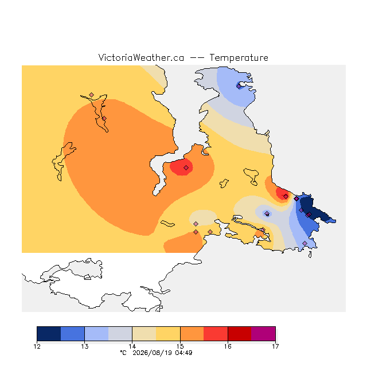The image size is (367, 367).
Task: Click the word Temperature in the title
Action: (239, 57)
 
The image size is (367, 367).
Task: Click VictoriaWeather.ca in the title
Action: (141, 57)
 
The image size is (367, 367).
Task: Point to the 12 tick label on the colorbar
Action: (37, 346)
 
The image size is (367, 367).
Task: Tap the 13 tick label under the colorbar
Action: (84, 346)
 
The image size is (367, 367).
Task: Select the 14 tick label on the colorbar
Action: (132, 346)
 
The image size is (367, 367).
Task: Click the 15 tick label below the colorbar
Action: (180, 346)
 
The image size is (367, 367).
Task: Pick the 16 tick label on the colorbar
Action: (228, 346)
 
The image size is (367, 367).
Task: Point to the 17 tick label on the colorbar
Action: (275, 346)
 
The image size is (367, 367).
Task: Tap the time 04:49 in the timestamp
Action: (183, 353)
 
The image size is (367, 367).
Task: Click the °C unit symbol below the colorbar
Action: (123, 353)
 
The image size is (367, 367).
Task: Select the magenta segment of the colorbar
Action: (263, 334)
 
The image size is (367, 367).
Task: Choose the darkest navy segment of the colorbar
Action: (49, 334)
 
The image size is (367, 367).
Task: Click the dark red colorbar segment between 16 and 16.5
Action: (240, 334)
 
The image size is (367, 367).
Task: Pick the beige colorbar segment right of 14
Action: (144, 334)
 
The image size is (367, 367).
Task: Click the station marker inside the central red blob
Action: (186, 167)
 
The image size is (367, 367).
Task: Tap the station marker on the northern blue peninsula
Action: (239, 87)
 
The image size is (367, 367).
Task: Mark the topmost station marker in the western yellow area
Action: (92, 95)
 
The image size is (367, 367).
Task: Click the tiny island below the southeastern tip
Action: (310, 255)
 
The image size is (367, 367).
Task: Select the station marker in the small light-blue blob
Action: (267, 213)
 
